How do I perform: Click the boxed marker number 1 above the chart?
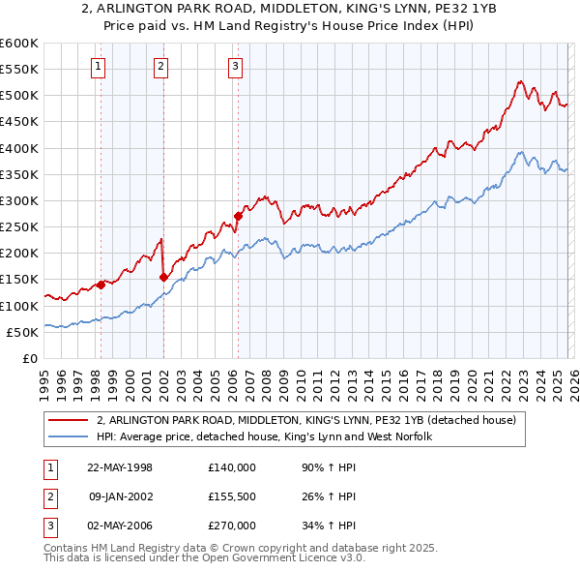coord(100,67)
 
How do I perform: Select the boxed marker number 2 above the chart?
coord(161,67)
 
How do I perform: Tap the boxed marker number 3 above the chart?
coord(235,67)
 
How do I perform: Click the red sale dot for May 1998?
coord(101,285)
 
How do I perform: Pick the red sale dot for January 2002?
coord(163,277)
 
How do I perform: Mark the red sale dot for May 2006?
coord(237,217)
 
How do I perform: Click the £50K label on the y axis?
coord(22,332)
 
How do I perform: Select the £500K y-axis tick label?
coord(19,96)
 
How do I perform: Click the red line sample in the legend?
coord(69,421)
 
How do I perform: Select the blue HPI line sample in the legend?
coord(69,437)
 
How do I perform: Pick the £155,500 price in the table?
coord(232,496)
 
